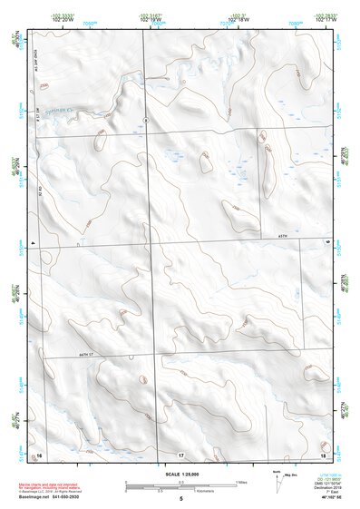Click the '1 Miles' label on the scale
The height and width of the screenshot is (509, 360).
point(240,482)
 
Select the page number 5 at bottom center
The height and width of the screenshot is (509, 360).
point(181,498)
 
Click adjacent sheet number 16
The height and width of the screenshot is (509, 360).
point(38,454)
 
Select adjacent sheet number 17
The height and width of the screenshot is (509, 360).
point(180,454)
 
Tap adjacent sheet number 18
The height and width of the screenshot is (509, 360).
point(322,454)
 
